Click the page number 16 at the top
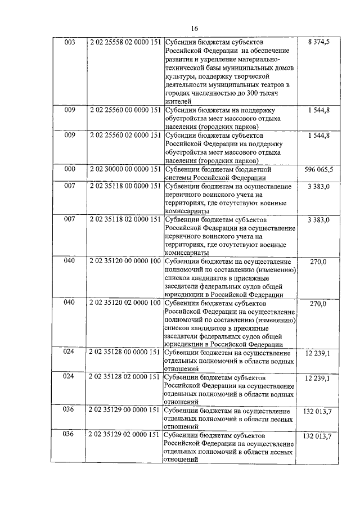[195, 28]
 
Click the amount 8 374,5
[319, 42]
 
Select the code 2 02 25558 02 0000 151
[125, 42]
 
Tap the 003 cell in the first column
[70, 42]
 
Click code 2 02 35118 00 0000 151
[125, 186]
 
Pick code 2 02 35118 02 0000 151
[125, 219]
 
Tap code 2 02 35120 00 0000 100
[125, 262]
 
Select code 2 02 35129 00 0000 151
[125, 410]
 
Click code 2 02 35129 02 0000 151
[125, 435]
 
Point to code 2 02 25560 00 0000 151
[125, 110]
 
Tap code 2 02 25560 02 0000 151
[125, 135]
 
